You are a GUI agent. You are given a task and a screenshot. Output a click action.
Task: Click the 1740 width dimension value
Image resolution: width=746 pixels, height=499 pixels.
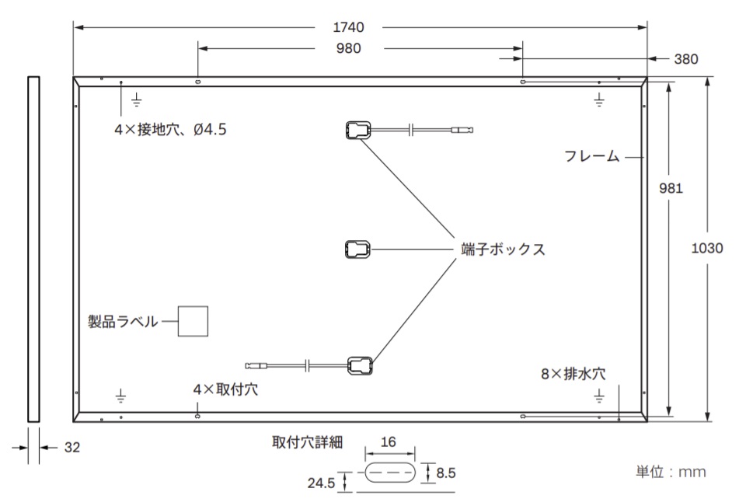(348, 27)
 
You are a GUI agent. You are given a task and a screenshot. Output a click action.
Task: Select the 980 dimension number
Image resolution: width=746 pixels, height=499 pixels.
(348, 48)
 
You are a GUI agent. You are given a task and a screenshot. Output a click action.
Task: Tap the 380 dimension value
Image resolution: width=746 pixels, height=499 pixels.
(686, 59)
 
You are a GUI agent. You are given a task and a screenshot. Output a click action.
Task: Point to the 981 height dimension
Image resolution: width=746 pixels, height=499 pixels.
(671, 188)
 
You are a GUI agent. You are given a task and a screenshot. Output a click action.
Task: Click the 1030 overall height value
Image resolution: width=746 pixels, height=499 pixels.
(707, 248)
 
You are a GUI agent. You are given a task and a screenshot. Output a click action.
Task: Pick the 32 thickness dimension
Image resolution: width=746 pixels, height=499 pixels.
(71, 447)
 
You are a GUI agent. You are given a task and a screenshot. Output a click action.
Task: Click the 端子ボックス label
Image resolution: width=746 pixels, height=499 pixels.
(504, 249)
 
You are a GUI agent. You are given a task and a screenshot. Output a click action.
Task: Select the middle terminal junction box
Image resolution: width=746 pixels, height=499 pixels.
(357, 249)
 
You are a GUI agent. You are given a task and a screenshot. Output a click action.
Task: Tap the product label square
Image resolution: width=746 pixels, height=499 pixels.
(193, 321)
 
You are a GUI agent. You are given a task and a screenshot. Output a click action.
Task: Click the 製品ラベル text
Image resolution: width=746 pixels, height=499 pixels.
(123, 322)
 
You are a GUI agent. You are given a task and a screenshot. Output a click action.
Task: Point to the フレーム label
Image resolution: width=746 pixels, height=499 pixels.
(592, 156)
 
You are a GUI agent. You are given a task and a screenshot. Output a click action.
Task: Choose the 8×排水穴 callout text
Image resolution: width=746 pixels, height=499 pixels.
(573, 374)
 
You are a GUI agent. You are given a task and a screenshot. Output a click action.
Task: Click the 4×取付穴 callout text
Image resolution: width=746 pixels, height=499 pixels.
(225, 389)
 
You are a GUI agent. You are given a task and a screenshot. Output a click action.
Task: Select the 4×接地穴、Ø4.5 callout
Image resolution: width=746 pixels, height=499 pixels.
(170, 129)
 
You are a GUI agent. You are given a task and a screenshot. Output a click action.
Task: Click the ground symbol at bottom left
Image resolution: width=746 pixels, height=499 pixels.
(121, 396)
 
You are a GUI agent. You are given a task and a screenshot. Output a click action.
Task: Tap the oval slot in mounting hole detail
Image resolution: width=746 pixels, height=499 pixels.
(389, 473)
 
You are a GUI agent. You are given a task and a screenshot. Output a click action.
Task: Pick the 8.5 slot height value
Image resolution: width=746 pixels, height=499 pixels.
(446, 473)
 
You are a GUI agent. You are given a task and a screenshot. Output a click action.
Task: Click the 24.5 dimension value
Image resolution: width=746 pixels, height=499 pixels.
(321, 483)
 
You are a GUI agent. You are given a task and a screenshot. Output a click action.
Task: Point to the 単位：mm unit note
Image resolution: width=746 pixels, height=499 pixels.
(671, 472)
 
